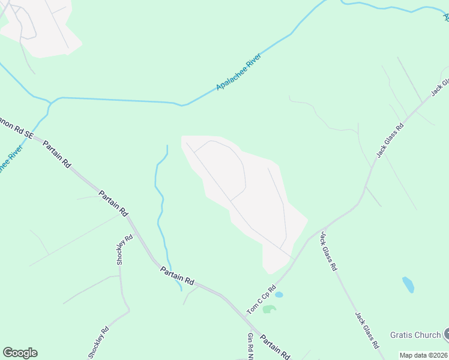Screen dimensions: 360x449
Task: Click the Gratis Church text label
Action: tap(415, 335)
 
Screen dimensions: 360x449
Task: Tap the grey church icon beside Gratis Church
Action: tap(446, 334)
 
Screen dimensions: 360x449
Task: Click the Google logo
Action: tap(20, 353)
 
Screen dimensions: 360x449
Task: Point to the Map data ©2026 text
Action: tap(424, 355)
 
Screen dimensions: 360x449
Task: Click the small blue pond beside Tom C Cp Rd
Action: tap(279, 295)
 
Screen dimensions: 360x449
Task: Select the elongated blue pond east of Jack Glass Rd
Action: tap(408, 284)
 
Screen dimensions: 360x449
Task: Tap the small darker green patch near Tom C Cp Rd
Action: tap(270, 309)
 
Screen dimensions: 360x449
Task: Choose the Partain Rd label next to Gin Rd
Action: tap(276, 347)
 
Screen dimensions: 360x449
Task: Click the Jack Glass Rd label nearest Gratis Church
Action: tap(366, 331)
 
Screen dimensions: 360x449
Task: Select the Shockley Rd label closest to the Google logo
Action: tap(100, 341)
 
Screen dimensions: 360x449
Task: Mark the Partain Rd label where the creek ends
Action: tap(178, 276)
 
